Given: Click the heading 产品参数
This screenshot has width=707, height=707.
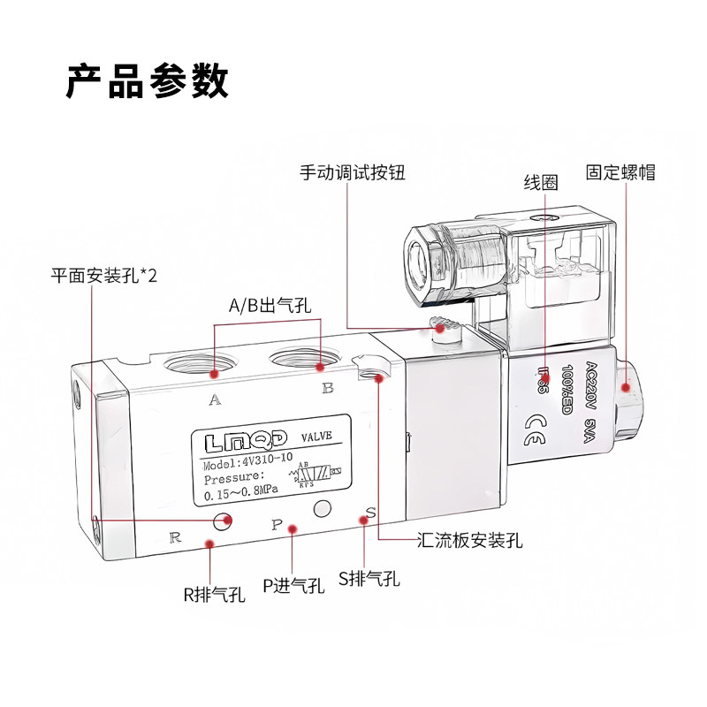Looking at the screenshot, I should pos(148,80).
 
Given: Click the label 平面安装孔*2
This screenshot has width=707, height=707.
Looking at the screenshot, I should pos(103,277).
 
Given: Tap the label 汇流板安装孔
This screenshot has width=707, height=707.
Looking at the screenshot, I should pos(469,540).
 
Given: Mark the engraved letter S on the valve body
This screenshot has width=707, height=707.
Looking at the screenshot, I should pos(371,514).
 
